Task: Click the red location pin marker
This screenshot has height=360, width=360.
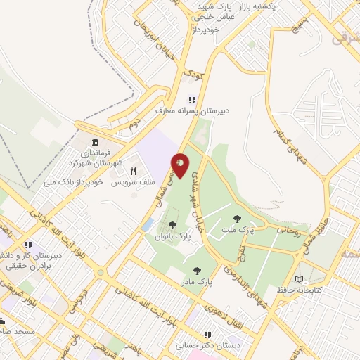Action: click(181, 165)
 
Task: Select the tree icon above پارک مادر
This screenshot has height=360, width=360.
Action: click(196, 270)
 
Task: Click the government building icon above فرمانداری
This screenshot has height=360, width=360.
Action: click(96, 143)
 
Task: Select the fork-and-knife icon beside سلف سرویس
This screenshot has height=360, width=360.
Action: click(133, 171)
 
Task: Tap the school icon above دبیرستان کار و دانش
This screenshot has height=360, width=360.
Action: click(29, 245)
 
